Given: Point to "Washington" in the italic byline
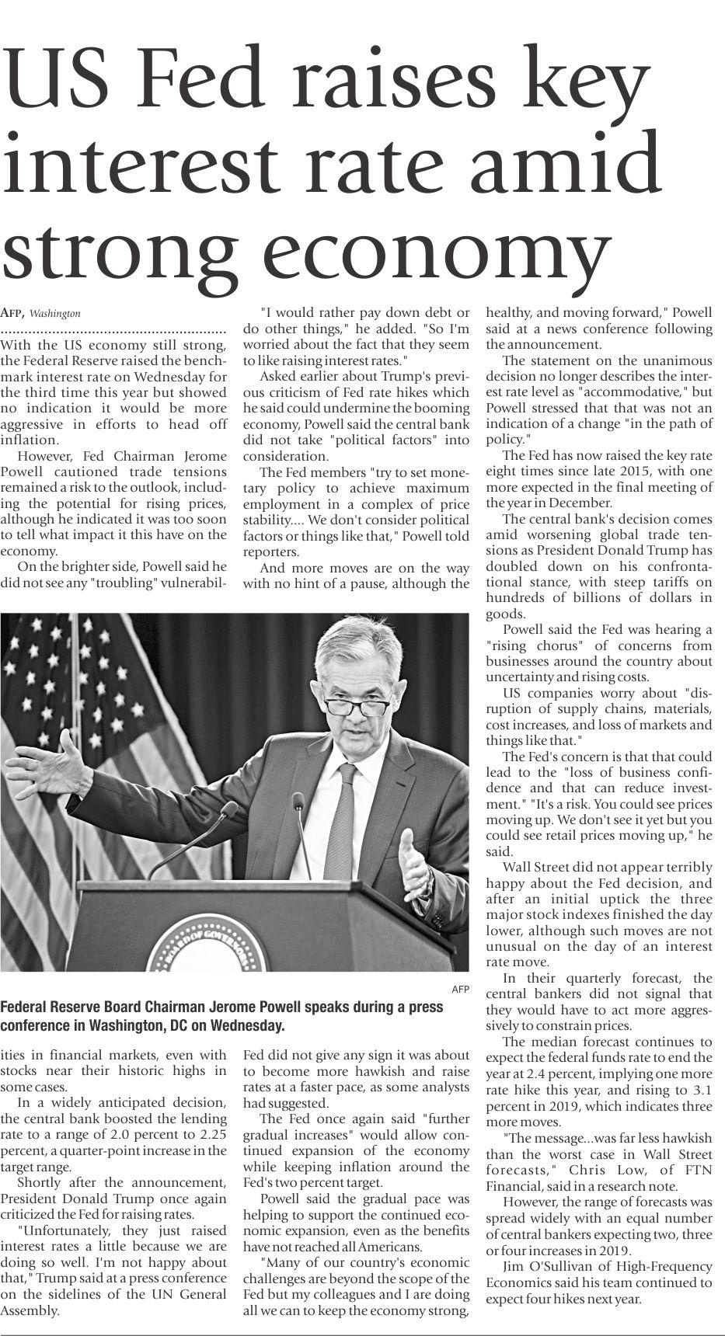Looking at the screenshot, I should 57,314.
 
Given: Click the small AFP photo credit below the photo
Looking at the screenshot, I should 460,989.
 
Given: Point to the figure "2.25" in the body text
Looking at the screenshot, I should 210,1135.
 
